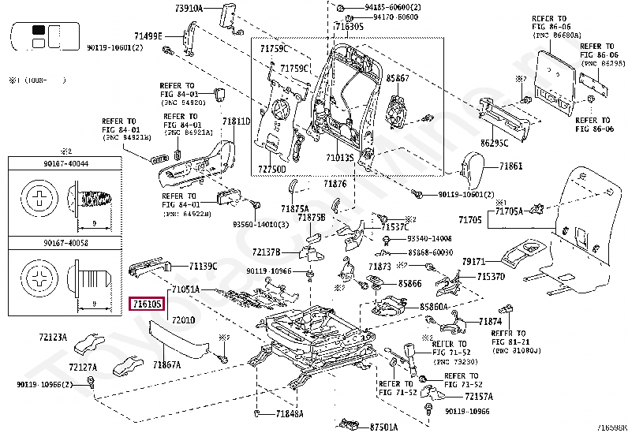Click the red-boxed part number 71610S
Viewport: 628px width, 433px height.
148,303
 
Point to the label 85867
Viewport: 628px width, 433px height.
397,79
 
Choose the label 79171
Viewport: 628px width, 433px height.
473,260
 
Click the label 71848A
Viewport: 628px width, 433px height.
290,414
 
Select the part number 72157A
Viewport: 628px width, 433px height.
479,397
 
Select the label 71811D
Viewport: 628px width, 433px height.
236,121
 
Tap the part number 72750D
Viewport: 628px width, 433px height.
272,169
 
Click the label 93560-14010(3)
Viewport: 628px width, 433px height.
259,223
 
